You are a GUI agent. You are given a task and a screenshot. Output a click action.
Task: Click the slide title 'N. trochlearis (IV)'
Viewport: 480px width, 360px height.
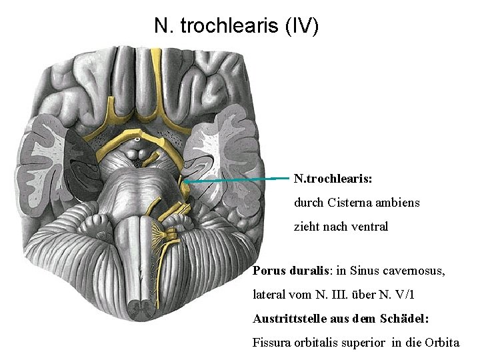click(x=237, y=26)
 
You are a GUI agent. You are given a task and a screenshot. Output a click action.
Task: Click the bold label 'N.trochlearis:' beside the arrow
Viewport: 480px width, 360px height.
click(x=333, y=179)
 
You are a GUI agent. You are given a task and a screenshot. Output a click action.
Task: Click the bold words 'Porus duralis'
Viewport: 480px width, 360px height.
click(x=287, y=271)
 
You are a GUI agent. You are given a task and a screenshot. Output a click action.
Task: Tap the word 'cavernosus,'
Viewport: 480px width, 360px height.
click(x=414, y=271)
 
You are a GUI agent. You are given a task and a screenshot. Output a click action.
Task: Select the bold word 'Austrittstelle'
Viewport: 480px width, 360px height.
click(x=288, y=318)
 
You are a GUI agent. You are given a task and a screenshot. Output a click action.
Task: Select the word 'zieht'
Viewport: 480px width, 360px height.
click(x=307, y=227)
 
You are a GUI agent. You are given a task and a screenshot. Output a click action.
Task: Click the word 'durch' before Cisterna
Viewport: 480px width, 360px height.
click(x=309, y=201)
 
